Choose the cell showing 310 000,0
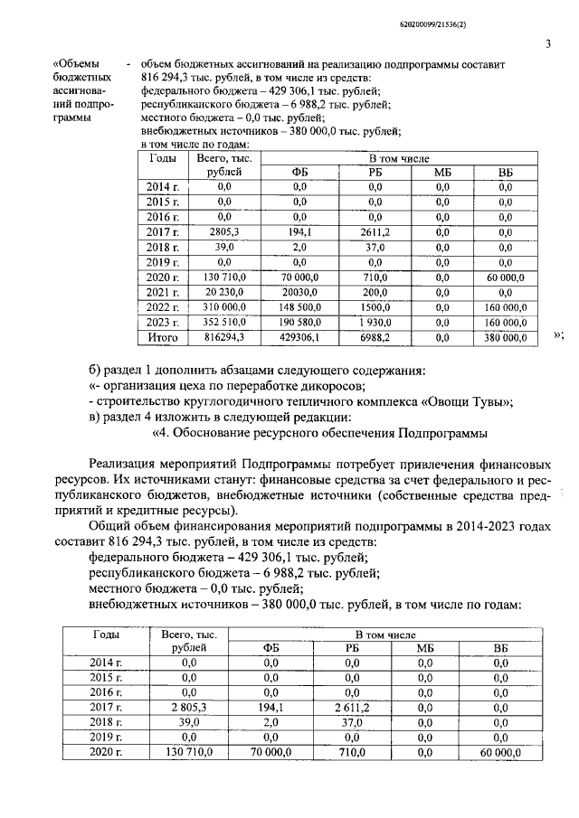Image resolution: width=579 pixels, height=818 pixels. coord(219,306)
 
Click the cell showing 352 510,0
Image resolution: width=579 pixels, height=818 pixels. coord(219,322)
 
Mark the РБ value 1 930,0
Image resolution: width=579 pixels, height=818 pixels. coord(375,322)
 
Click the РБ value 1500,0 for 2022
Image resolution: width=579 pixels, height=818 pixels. coord(375,306)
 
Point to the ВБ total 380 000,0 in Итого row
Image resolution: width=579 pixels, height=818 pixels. coord(505,337)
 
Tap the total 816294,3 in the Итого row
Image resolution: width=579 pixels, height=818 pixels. coord(219,337)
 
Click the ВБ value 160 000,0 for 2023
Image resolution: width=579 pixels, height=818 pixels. coord(505,322)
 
